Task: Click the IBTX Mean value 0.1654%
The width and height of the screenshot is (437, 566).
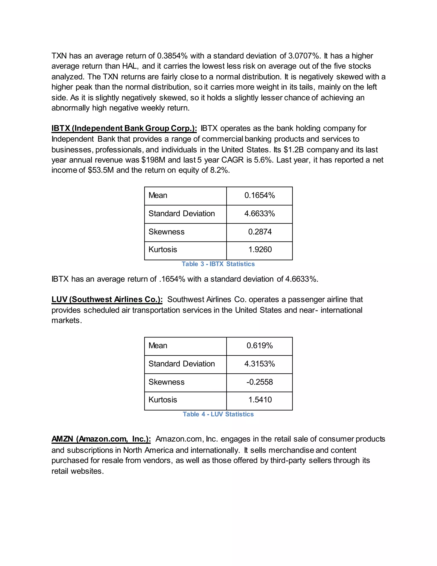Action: tap(259, 195)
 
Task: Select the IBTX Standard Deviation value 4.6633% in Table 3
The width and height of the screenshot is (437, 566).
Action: tap(259, 214)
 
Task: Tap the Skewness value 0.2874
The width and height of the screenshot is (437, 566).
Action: tap(260, 232)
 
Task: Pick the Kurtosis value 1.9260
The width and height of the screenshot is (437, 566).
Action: tap(260, 249)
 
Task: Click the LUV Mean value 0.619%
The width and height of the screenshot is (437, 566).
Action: tap(259, 346)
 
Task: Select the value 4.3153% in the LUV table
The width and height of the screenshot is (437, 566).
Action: tap(259, 364)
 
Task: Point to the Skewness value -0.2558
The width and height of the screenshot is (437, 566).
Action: tap(259, 382)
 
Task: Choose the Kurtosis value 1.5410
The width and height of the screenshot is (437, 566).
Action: tap(260, 400)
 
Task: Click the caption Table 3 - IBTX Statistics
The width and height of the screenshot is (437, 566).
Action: tap(218, 264)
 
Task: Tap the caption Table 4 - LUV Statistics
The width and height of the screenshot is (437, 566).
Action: tap(218, 414)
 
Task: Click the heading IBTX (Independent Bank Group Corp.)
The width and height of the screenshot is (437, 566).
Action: tap(124, 128)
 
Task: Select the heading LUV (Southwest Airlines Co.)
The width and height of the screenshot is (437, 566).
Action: tap(107, 300)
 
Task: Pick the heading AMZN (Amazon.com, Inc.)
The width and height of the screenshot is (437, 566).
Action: tap(101, 439)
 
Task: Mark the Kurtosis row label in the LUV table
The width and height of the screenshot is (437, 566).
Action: tap(163, 400)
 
